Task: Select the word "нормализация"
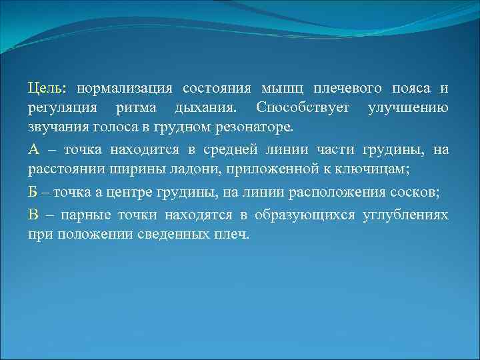[x=125, y=88]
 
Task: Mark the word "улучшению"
[x=408, y=108]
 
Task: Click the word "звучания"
[x=56, y=127]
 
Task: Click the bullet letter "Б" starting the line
[x=33, y=194]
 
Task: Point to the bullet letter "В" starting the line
[x=33, y=214]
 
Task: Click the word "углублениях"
[x=405, y=214]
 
